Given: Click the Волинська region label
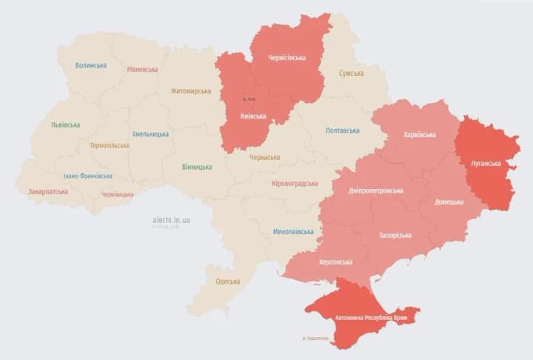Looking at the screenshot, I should pyautogui.click(x=90, y=65).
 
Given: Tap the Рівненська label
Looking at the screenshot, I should pyautogui.click(x=142, y=70).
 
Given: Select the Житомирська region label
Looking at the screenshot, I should pyautogui.click(x=190, y=91).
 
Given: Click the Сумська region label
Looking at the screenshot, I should pyautogui.click(x=351, y=73).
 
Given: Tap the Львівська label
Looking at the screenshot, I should pyautogui.click(x=66, y=124).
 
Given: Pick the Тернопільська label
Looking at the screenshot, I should pyautogui.click(x=109, y=145).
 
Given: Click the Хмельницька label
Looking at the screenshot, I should pyautogui.click(x=150, y=134).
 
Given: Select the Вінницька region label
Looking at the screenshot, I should pyautogui.click(x=197, y=167).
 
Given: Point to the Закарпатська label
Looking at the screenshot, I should pyautogui.click(x=48, y=191).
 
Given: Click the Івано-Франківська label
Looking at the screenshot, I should pyautogui.click(x=88, y=176).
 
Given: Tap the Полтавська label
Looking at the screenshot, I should pyautogui.click(x=343, y=130).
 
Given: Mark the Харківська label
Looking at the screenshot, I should pyautogui.click(x=420, y=135).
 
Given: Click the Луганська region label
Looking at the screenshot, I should pyautogui.click(x=486, y=163).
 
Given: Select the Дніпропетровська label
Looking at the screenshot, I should pyautogui.click(x=375, y=190).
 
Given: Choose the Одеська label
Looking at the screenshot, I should pyautogui.click(x=227, y=281).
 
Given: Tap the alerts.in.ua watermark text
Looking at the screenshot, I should pyautogui.click(x=171, y=220).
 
